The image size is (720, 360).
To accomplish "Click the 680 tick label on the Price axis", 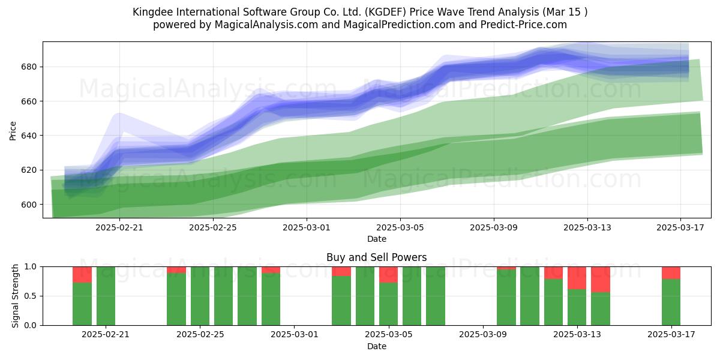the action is [29, 67].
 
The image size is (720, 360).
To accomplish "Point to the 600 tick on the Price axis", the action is [29, 205].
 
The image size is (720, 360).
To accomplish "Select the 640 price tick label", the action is [29, 136].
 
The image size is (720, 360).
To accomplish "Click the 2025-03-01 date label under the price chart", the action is [307, 228].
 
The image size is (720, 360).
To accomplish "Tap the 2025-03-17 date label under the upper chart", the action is [680, 228].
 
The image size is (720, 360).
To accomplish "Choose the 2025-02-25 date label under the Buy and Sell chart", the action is [200, 335].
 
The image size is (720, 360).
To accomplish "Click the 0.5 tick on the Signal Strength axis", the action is [31, 296].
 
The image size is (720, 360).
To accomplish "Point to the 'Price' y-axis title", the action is [13, 131].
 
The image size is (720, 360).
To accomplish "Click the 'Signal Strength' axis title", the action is [15, 296].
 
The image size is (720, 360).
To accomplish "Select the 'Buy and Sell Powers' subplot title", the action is [376, 257].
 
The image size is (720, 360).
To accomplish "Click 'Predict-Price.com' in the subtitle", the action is [524, 25].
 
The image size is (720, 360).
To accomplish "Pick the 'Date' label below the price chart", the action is [377, 239].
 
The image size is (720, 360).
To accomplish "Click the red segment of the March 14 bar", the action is [601, 280].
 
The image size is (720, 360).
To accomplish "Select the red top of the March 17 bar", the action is [671, 273].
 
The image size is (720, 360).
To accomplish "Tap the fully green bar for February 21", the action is [106, 296].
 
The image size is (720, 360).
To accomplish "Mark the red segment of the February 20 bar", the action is [82, 275].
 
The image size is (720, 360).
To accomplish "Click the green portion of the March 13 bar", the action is [577, 307].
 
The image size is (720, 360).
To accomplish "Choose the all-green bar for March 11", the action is [530, 296].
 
